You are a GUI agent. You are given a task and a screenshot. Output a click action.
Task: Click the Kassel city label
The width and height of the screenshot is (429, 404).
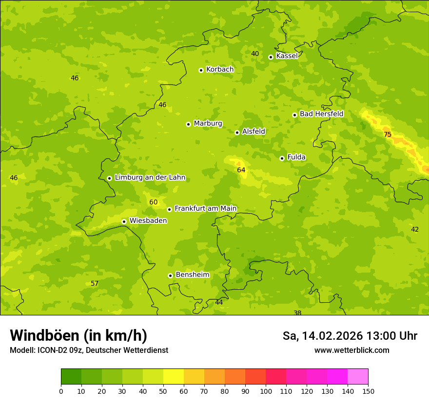tap(287, 56)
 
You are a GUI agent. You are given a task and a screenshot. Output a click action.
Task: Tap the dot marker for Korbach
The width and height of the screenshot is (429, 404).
tap(201, 70)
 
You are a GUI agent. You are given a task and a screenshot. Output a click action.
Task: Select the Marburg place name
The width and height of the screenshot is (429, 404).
tap(208, 124)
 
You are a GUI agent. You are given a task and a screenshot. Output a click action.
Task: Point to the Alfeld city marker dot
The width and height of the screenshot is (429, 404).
tap(237, 132)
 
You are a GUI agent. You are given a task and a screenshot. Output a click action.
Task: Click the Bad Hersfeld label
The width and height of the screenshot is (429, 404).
tap(321, 114)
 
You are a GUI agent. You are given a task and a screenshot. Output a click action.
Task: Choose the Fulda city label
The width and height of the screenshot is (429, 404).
tap(296, 157)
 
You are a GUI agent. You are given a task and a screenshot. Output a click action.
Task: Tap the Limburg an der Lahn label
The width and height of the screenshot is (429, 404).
tap(150, 178)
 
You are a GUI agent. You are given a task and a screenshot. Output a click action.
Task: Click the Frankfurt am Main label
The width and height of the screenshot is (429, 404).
tap(205, 208)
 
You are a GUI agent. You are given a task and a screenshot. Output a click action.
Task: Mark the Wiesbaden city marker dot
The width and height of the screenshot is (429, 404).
tap(124, 221)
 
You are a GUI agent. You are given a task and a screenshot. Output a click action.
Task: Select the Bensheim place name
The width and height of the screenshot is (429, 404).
tap(192, 275)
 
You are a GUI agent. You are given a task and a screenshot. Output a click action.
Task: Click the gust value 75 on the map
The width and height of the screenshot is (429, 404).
tap(388, 135)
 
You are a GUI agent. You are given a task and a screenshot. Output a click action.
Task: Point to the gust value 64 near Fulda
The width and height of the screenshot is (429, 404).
tap(241, 170)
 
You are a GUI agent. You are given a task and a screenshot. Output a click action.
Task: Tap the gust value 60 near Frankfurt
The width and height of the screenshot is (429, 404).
tap(154, 202)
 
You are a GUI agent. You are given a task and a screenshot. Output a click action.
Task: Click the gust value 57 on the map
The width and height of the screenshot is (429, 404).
tap(95, 284)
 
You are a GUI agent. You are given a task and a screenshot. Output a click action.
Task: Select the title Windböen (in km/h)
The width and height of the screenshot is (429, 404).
tap(78, 335)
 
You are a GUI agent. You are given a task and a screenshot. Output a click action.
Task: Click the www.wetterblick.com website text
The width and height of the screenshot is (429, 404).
tap(351, 350)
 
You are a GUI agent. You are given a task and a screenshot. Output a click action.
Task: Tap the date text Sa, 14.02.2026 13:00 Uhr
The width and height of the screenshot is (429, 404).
tap(350, 336)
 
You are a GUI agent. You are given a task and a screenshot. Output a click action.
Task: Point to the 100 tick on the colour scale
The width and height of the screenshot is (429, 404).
tap(266, 391)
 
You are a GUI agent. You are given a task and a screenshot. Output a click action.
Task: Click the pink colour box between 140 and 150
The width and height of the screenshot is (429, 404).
tap(358, 377)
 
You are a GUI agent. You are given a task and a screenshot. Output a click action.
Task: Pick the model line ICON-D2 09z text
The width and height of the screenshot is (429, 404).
tap(89, 350)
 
